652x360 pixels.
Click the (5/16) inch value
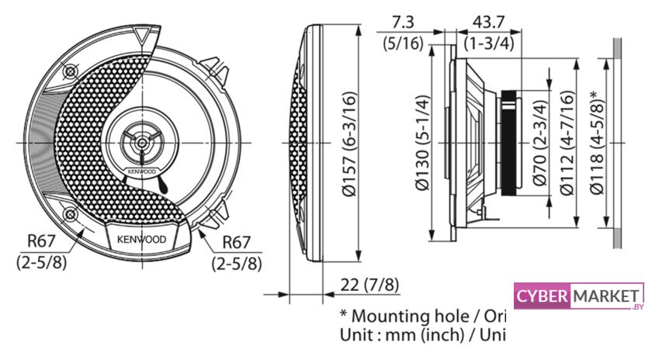click(x=404, y=43)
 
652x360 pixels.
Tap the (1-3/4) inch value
click(x=488, y=43)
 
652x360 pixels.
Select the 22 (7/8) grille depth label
click(x=370, y=285)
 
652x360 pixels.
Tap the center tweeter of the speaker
click(x=141, y=143)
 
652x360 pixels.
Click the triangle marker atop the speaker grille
click(x=140, y=35)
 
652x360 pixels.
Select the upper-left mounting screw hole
click(x=71, y=72)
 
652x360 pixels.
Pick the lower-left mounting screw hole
click(x=71, y=213)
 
